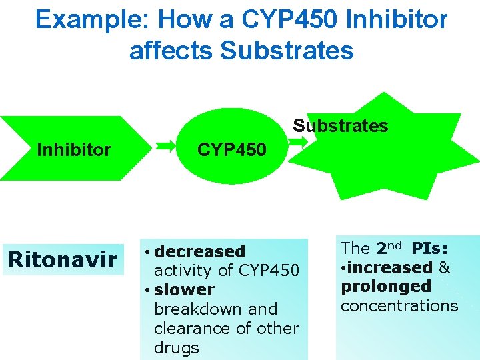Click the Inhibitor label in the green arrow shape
click(74, 150)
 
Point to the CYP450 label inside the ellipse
click(231, 150)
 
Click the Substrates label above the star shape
click(341, 126)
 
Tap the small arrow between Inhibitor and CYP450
click(167, 143)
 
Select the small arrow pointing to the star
click(299, 141)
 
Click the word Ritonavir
click(62, 259)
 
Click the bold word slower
click(184, 290)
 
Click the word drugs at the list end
click(176, 347)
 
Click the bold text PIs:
click(430, 249)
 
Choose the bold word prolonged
click(386, 287)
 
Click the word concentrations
click(399, 306)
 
